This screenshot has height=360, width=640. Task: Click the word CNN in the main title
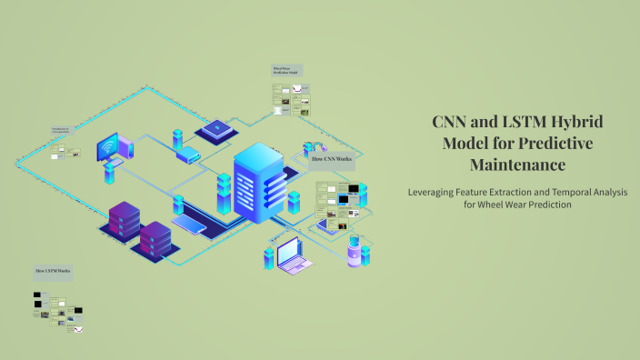pyautogui.click(x=452, y=122)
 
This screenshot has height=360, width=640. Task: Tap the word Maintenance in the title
pyautogui.click(x=517, y=165)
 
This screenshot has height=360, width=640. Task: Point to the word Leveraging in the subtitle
pyautogui.click(x=437, y=192)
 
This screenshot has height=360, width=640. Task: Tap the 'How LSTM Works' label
pyautogui.click(x=54, y=272)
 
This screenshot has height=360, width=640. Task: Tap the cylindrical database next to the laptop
pyautogui.click(x=354, y=254)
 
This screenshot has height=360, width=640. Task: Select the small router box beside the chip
pyautogui.click(x=188, y=156)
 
